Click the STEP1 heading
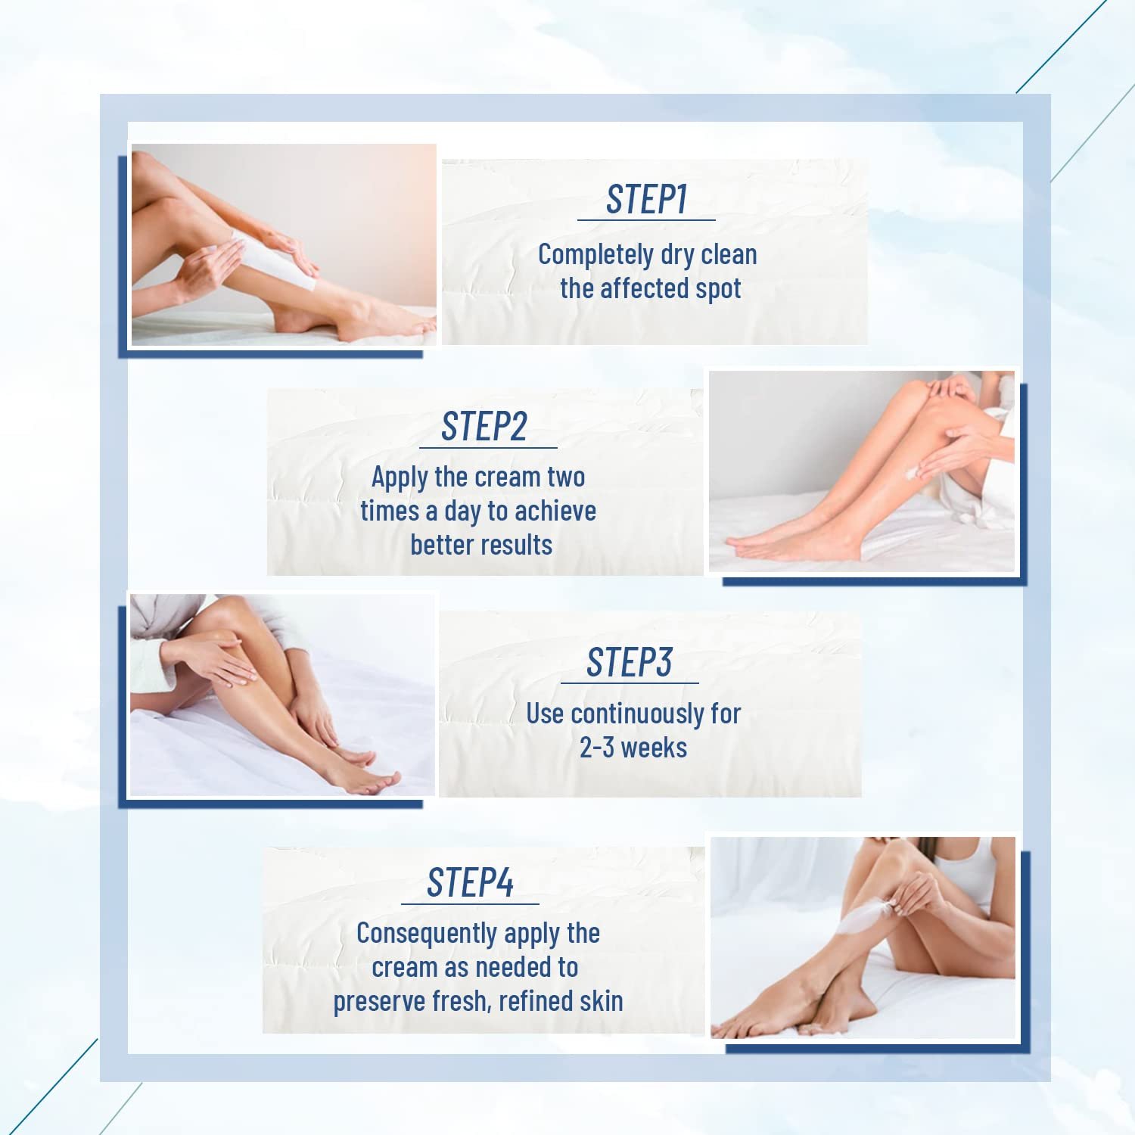646,200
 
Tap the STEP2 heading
484,427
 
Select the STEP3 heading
629,663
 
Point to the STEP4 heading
470,883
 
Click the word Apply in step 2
400,477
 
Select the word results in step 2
517,545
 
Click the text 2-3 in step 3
596,748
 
